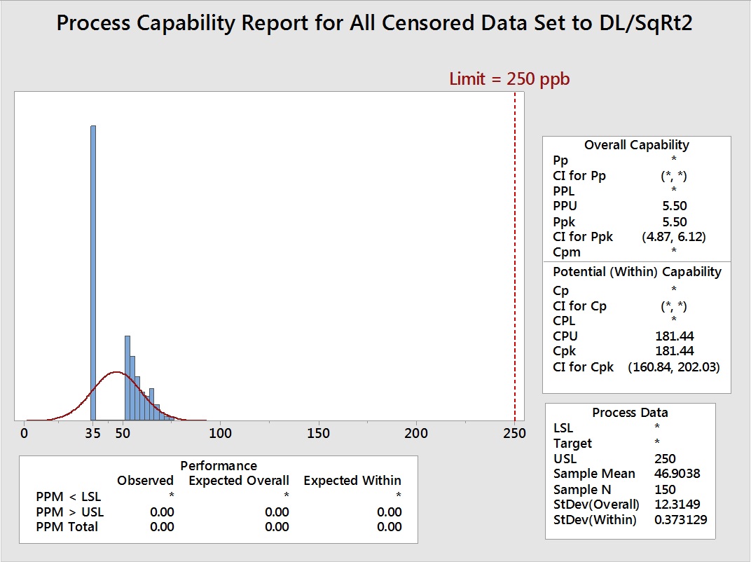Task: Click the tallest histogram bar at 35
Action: point(93,273)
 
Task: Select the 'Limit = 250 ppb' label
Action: point(509,79)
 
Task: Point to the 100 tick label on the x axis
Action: point(221,434)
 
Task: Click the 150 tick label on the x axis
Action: point(319,434)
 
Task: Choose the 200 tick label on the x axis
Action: point(417,434)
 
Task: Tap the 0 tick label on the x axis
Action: point(25,434)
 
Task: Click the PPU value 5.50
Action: point(673,206)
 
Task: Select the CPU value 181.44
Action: point(673,336)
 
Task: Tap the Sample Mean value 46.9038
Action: point(676,474)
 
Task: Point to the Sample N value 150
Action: point(665,489)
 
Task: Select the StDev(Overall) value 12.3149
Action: point(676,505)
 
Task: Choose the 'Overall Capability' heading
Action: point(636,145)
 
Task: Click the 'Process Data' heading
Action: point(630,413)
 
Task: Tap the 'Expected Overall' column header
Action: point(238,481)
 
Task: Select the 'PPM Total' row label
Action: point(67,526)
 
